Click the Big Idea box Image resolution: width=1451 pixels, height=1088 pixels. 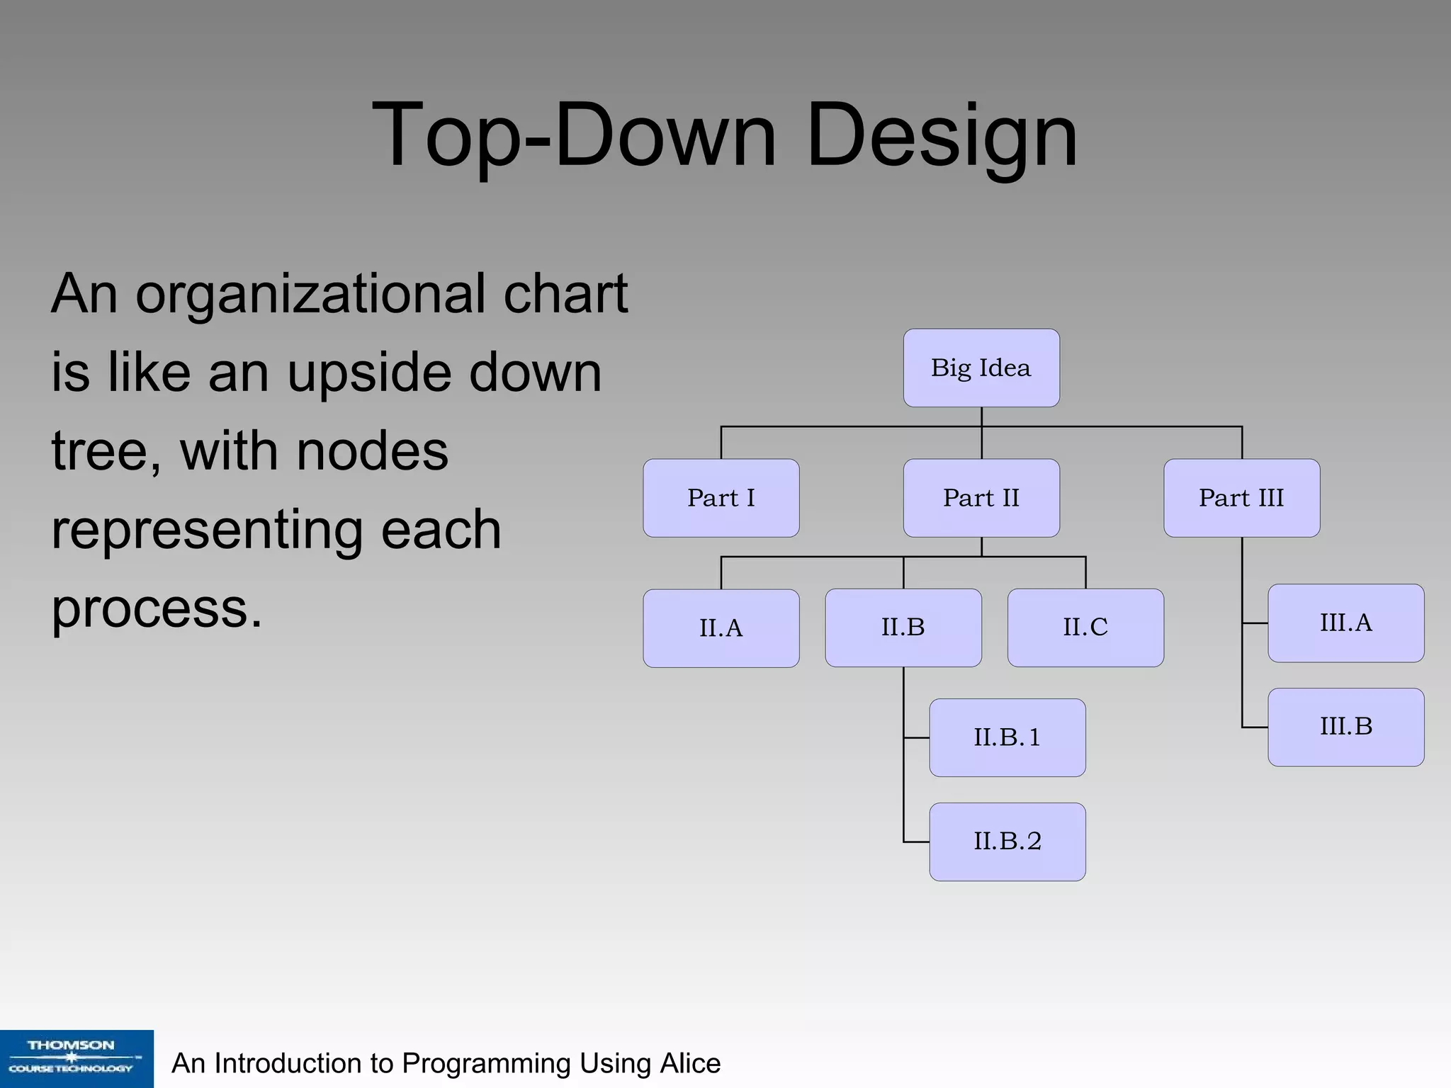point(981,368)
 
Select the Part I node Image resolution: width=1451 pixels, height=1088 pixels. point(721,498)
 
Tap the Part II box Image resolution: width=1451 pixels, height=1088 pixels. point(981,498)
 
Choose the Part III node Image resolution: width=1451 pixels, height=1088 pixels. point(1241,498)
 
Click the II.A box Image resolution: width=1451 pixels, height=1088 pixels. point(721,628)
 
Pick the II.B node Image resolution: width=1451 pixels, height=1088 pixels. point(903,628)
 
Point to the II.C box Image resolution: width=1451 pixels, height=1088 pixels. point(1085,628)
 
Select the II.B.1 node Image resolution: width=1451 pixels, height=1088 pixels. point(1007,737)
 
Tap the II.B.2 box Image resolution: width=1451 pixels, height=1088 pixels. point(1007,841)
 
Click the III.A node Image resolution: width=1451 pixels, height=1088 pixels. point(1345,623)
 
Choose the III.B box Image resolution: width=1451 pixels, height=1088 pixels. point(1345,727)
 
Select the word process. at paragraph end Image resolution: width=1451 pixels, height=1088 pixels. point(157,609)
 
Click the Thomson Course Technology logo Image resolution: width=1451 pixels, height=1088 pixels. point(77,1058)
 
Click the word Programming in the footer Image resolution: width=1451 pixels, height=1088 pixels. point(486,1063)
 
